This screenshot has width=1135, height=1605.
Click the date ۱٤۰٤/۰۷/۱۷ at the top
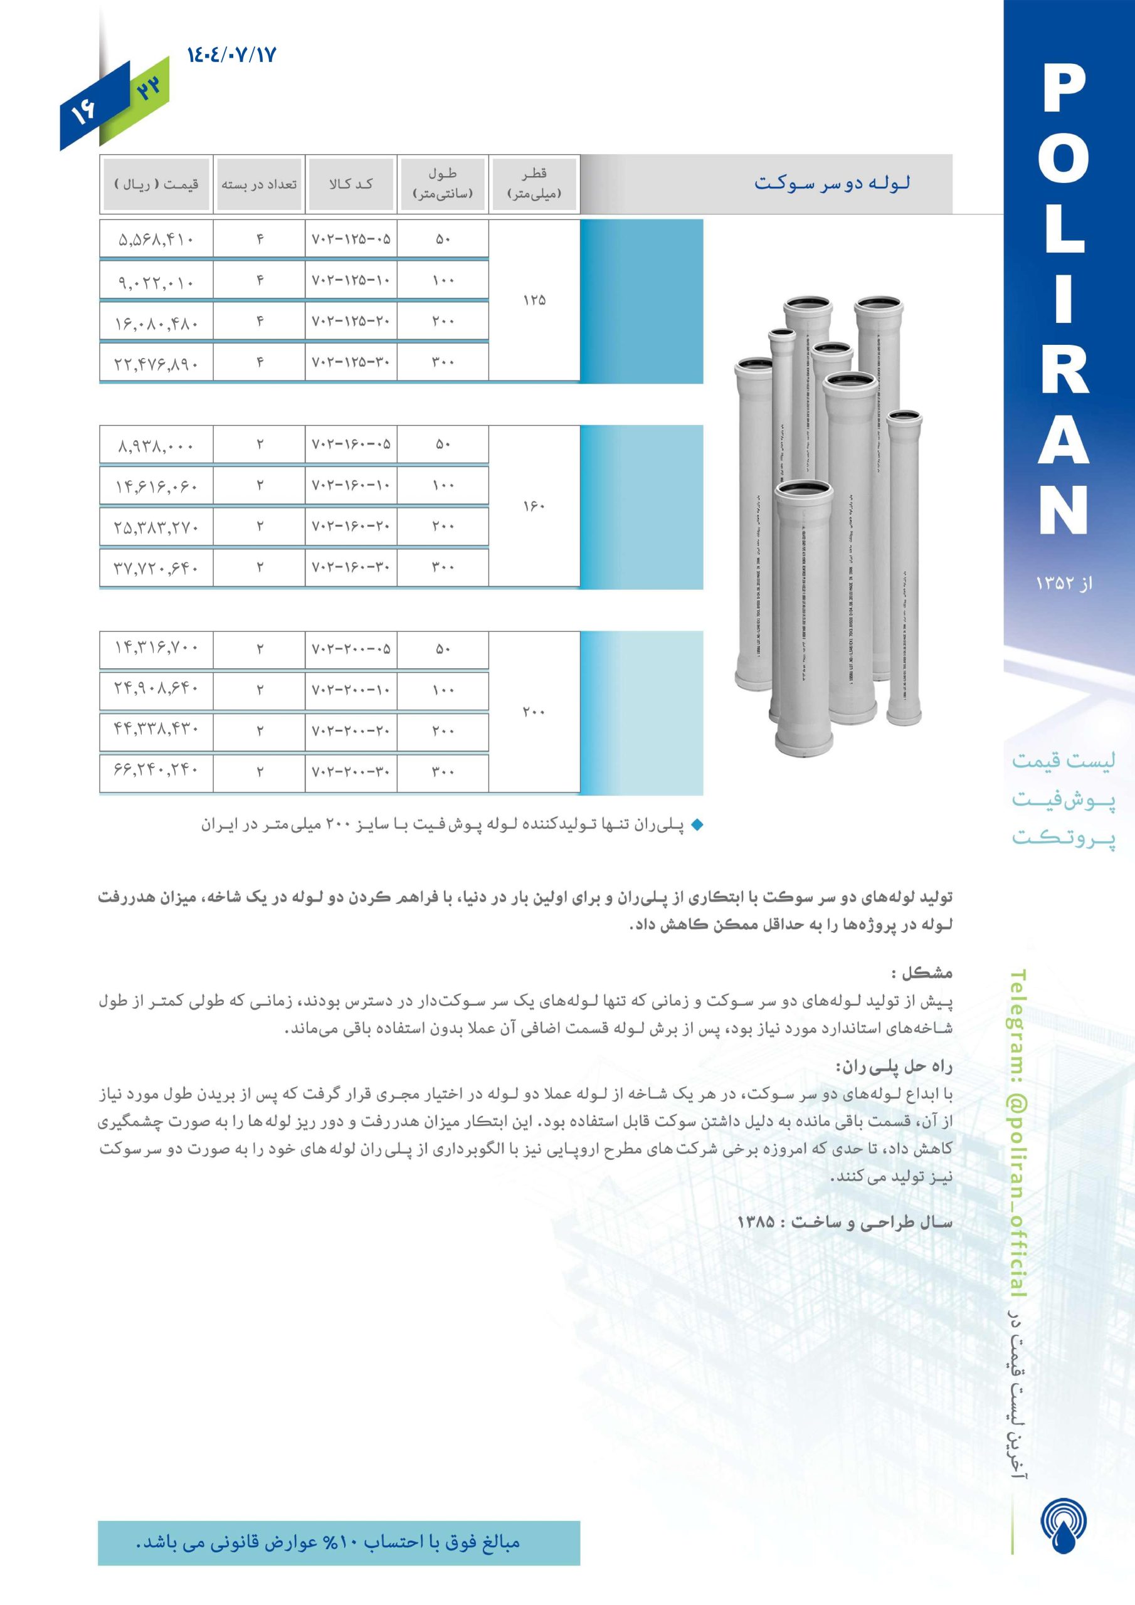(x=232, y=54)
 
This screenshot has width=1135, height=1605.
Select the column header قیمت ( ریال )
(x=156, y=184)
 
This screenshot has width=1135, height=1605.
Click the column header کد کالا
(x=351, y=184)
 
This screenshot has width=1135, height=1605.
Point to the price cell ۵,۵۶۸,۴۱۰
(x=156, y=239)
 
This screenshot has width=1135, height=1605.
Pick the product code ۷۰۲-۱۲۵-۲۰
(x=351, y=322)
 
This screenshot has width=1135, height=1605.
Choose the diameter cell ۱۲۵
(x=534, y=300)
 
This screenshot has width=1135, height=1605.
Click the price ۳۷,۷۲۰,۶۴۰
(x=156, y=567)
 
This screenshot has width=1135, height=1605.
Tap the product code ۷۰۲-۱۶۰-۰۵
(x=351, y=445)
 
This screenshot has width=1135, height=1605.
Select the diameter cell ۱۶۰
(x=534, y=506)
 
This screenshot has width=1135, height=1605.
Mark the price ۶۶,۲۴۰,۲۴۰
(x=156, y=772)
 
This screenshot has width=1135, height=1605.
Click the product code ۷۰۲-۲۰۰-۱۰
(x=351, y=690)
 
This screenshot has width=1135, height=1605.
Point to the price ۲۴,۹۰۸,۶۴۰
(x=156, y=690)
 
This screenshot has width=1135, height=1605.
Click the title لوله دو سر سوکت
(x=831, y=184)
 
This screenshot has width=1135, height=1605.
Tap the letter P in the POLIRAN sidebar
(x=1064, y=90)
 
